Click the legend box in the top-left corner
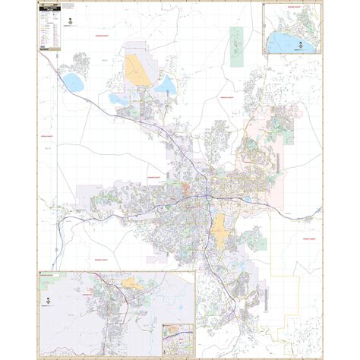point(49,27)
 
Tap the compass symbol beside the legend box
point(70,23)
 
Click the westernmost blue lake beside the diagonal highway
point(74,81)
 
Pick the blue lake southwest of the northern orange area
point(119,99)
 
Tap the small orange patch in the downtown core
point(186,185)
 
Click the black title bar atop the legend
point(49,5)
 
